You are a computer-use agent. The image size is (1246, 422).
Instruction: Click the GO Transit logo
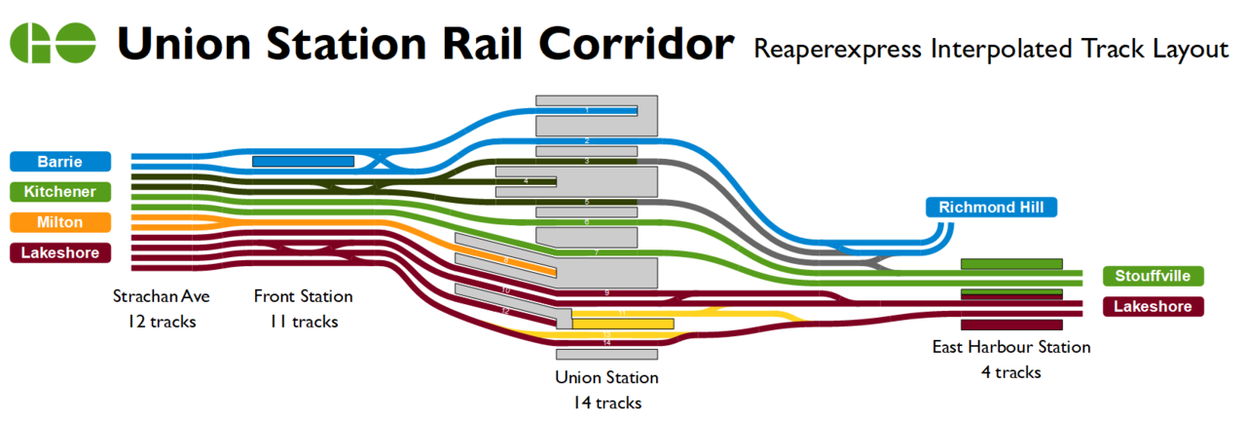(53, 43)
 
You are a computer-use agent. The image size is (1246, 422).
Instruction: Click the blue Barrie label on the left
(59, 161)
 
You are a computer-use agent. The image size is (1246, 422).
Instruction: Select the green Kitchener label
(59, 191)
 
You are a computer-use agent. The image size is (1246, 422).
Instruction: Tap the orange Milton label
(59, 222)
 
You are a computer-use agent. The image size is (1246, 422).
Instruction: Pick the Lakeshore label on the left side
(59, 252)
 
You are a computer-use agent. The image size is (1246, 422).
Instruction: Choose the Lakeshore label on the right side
(1152, 307)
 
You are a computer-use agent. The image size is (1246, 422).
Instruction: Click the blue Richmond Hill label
(991, 207)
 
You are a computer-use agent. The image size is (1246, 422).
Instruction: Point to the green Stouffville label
(1153, 276)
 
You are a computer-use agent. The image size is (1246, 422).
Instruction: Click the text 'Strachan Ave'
(161, 296)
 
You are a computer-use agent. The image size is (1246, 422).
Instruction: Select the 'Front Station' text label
(303, 296)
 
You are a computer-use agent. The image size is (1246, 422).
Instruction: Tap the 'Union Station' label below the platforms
(606, 377)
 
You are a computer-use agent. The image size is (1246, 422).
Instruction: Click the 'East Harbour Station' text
(1010, 347)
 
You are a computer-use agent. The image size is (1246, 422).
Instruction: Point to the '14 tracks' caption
(606, 402)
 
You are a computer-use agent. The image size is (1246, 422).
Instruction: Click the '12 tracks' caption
(161, 321)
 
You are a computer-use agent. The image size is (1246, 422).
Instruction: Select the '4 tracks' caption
(1010, 372)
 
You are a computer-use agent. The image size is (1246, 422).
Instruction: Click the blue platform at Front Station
(303, 161)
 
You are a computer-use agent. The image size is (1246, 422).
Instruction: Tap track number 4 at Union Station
(526, 181)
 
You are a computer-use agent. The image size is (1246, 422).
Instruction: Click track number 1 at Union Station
(587, 110)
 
